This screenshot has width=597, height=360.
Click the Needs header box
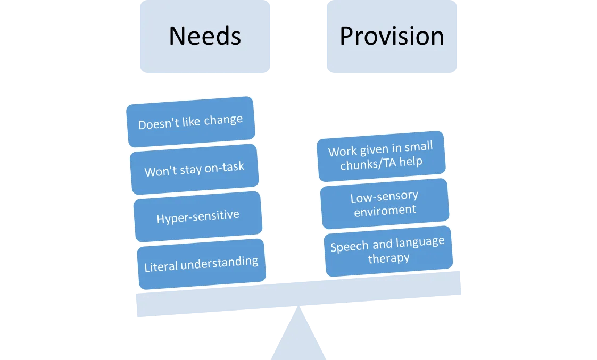click(205, 36)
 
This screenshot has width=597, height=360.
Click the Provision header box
click(392, 36)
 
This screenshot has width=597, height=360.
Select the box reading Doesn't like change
click(190, 122)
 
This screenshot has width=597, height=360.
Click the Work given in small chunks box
click(380, 155)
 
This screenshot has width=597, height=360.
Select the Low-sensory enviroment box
click(384, 203)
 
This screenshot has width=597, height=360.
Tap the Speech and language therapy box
click(388, 250)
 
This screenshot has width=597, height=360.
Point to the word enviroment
click(384, 210)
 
